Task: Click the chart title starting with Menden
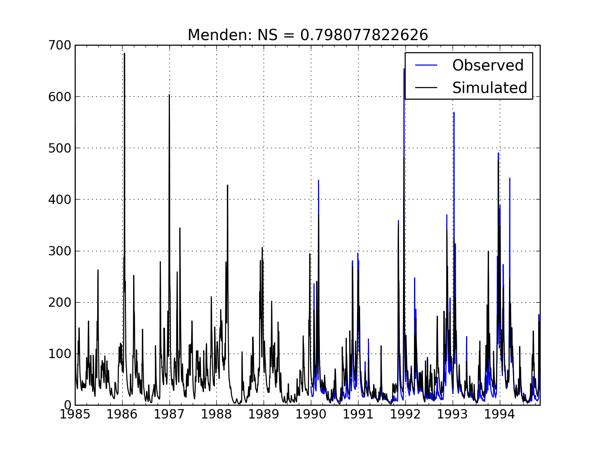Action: click(307, 35)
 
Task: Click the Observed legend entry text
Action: click(487, 65)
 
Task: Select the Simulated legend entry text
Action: click(489, 88)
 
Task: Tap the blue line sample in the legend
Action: click(426, 65)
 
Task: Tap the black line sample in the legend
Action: click(426, 88)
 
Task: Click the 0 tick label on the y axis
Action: click(67, 405)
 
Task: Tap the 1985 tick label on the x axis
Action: click(76, 415)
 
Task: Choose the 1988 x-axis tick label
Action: click(217, 415)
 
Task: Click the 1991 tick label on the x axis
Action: click(358, 415)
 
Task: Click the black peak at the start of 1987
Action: click(169, 95)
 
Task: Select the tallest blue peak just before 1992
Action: click(404, 69)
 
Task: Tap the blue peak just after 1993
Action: click(454, 113)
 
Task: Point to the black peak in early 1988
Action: click(227, 185)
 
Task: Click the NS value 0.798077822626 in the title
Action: click(364, 35)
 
